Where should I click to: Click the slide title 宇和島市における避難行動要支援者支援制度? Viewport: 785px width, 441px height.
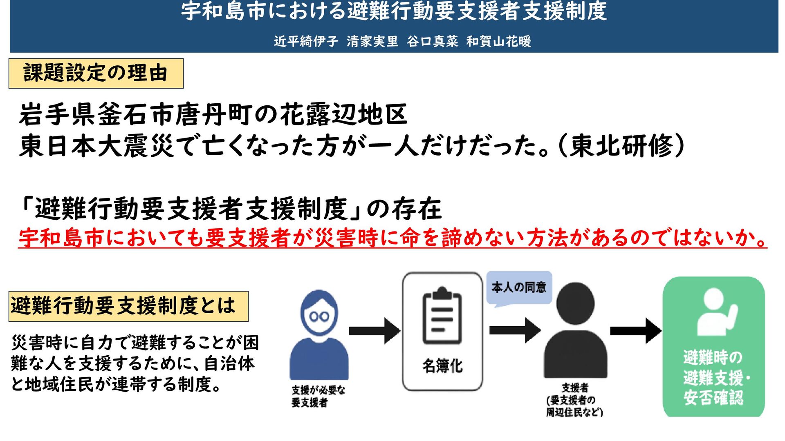click(394, 11)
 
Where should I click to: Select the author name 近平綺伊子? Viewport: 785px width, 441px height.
click(306, 41)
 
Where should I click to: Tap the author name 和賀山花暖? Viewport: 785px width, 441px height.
click(498, 41)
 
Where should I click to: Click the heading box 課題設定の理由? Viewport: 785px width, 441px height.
click(96, 73)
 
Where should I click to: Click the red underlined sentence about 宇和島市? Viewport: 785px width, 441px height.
click(392, 238)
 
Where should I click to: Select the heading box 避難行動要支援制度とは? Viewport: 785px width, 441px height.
click(128, 306)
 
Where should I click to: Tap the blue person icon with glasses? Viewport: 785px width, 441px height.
click(319, 335)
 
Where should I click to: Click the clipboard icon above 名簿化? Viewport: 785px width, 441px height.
click(442, 316)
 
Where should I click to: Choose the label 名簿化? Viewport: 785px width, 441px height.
click(442, 366)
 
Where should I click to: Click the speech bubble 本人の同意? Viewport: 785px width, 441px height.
click(519, 287)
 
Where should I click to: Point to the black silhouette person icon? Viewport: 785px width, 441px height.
click(575, 331)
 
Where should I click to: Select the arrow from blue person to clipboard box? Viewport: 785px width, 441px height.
click(374, 331)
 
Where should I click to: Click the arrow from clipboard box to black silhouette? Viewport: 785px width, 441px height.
click(515, 330)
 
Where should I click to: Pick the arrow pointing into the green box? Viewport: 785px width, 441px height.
click(635, 330)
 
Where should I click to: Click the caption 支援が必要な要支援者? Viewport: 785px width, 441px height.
click(318, 396)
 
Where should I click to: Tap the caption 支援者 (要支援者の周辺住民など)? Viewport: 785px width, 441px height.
click(574, 400)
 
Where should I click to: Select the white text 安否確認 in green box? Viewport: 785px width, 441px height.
click(713, 398)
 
